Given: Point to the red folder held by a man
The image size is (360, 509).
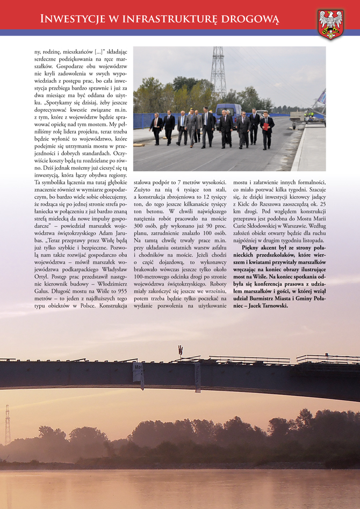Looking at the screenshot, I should click(x=265, y=126).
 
